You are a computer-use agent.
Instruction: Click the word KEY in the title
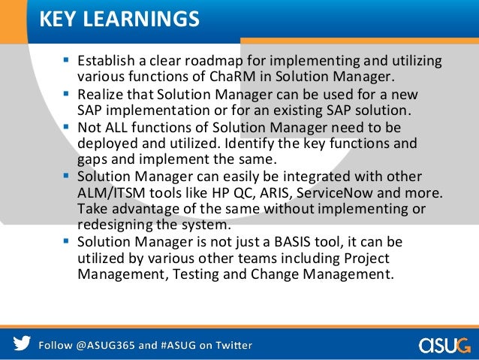(58, 18)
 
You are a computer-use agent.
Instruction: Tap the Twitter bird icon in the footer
(22, 345)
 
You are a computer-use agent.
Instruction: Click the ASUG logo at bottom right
(445, 345)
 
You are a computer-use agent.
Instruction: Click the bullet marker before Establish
(67, 60)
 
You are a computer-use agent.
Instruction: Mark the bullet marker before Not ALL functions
(67, 127)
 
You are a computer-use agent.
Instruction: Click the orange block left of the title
(14, 19)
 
